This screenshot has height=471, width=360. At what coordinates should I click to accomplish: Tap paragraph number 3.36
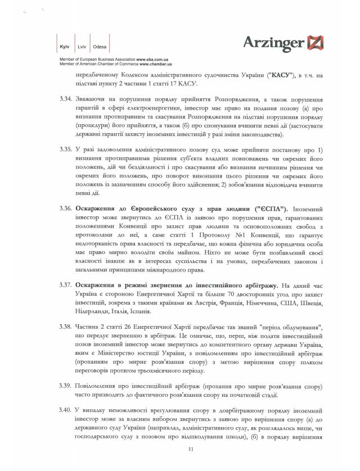click(66, 209)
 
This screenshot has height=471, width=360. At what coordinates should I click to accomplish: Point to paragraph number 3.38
click(66, 327)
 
